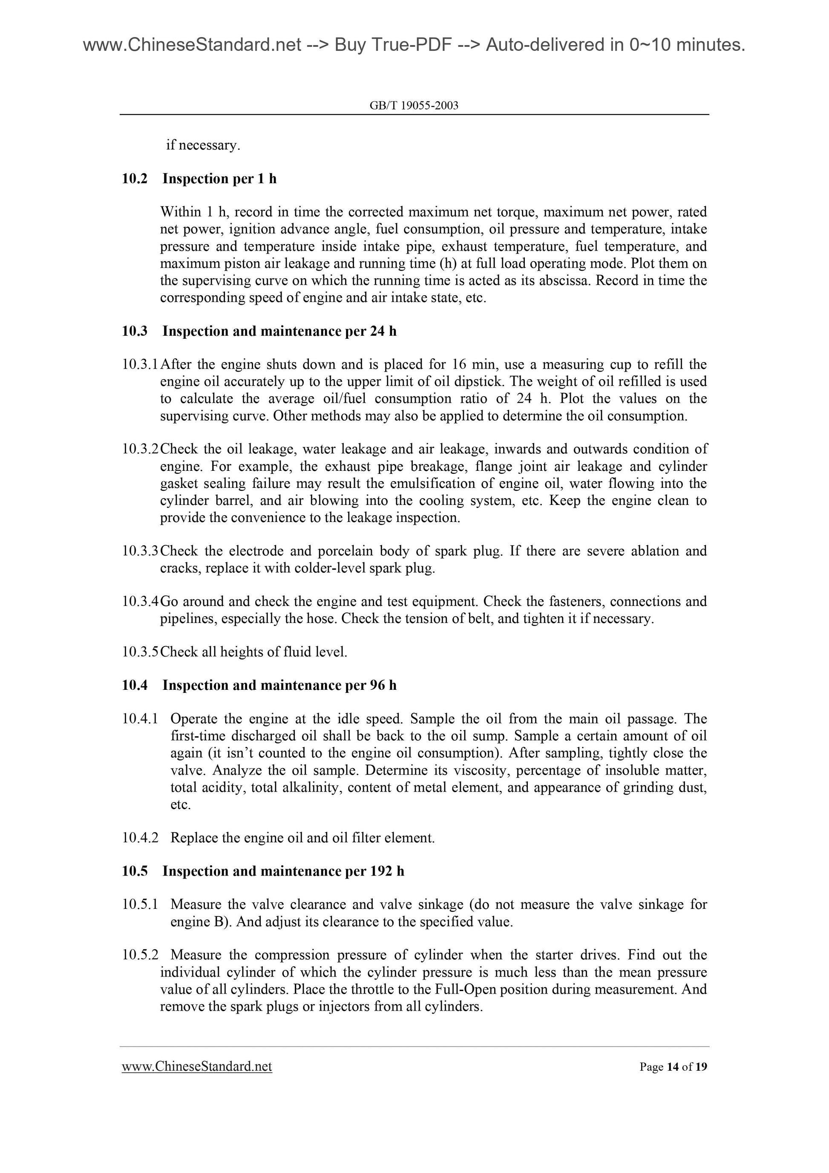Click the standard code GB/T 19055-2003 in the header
[414, 106]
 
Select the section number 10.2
[134, 179]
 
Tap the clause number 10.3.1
[141, 365]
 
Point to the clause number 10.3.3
[141, 551]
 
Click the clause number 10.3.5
[141, 652]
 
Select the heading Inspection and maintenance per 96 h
[279, 686]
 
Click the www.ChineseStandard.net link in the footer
[197, 1066]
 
